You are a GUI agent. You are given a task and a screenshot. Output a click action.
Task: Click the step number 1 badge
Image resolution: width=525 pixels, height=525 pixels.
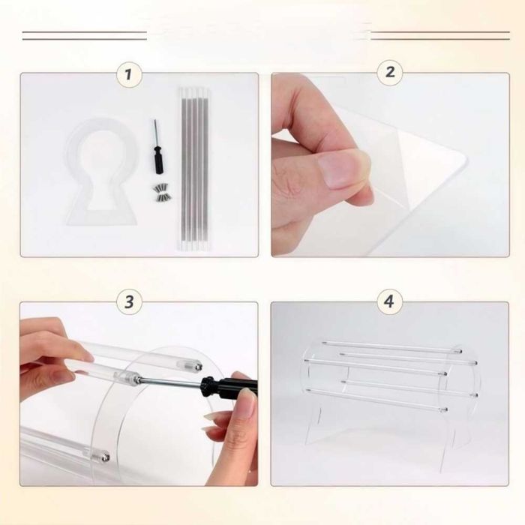[x=129, y=74]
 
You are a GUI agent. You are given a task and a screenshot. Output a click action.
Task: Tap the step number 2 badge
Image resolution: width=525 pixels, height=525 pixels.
[x=390, y=72]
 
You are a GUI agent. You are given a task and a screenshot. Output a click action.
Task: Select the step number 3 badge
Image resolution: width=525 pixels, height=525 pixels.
[x=129, y=301]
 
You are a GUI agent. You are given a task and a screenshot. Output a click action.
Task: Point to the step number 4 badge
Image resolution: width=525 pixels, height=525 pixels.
[x=389, y=301]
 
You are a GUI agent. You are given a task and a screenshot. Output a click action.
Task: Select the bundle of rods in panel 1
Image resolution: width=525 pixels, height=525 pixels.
[x=194, y=169]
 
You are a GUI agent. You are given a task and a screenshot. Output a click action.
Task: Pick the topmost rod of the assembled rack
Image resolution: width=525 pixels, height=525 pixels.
[x=392, y=346]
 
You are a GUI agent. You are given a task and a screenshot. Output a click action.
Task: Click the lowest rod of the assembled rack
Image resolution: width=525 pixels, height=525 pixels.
[x=376, y=400]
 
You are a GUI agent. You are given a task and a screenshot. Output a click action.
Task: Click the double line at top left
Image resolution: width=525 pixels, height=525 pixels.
[x=85, y=35]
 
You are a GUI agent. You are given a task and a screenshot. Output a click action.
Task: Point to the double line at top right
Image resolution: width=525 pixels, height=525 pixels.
[x=440, y=35]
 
